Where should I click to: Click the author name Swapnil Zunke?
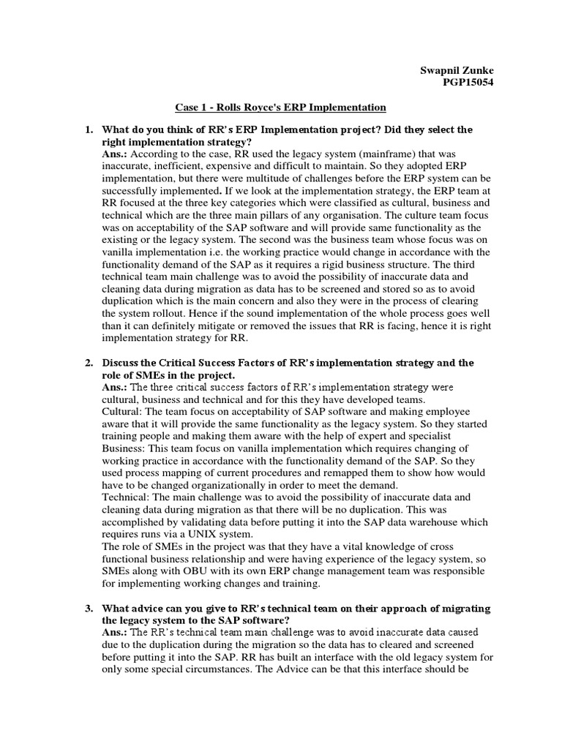coord(457,70)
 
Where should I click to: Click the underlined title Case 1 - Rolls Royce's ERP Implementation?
coord(280,108)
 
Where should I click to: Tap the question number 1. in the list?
coord(88,129)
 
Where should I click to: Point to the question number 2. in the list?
coord(88,363)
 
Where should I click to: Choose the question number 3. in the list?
coord(88,609)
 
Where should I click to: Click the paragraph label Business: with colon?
coord(124,448)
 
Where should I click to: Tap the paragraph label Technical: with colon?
coord(127,497)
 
